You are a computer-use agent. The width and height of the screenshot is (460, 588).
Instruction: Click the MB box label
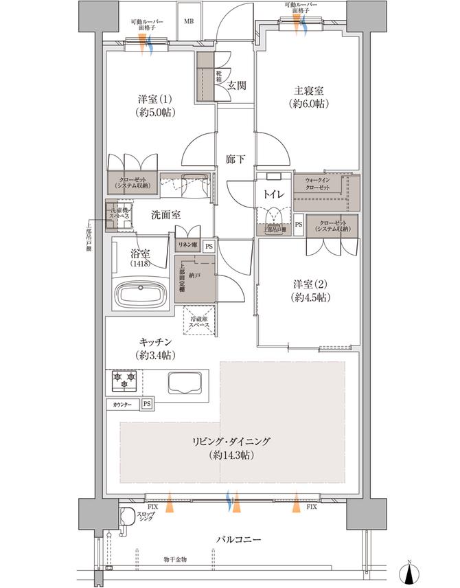(187, 21)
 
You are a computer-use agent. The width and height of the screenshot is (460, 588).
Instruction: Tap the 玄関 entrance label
(237, 85)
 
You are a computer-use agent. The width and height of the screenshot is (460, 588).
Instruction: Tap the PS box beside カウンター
(147, 405)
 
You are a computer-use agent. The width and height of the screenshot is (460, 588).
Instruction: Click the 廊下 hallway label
(235, 159)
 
